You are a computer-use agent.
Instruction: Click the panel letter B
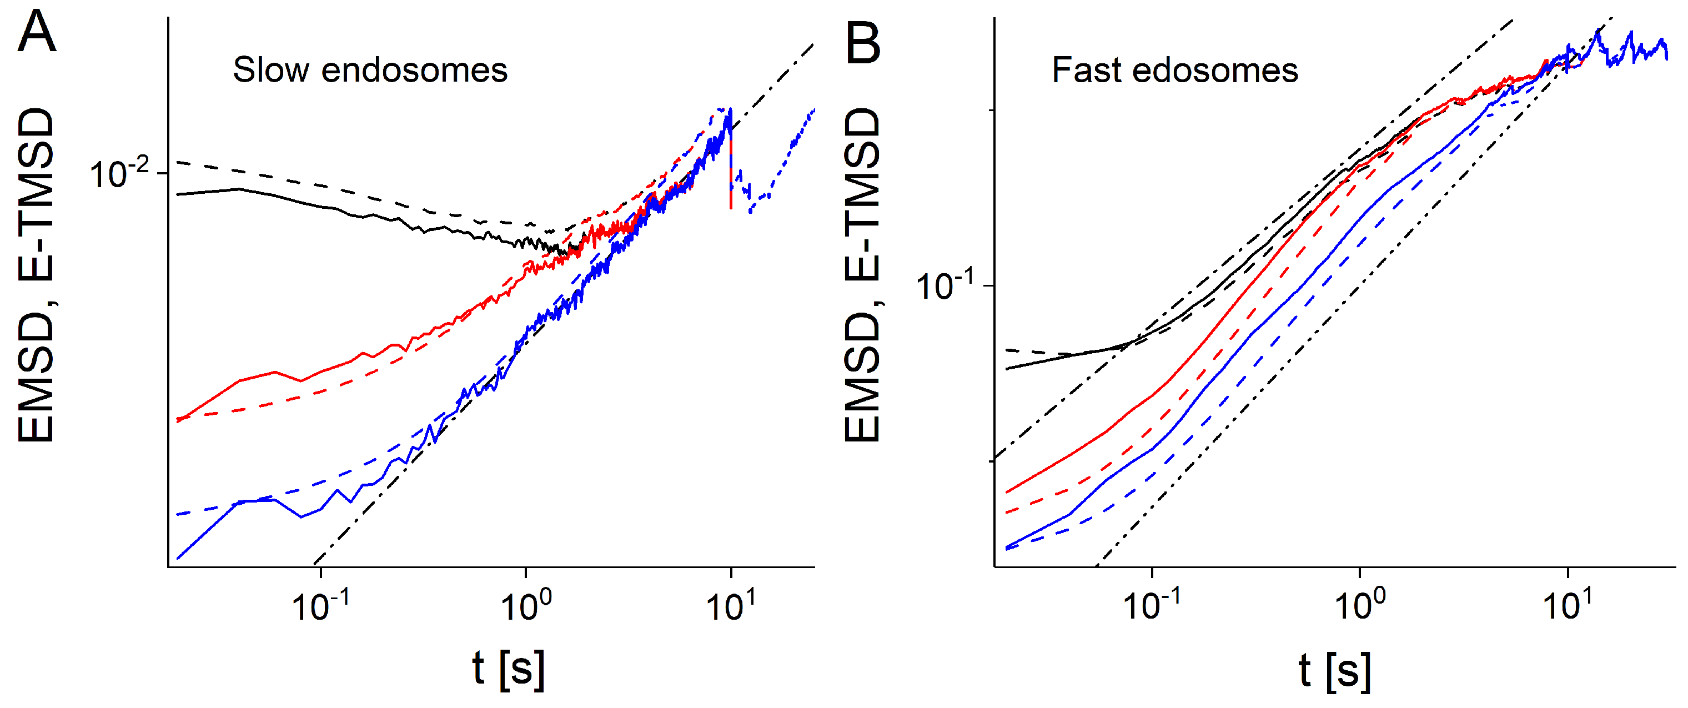[863, 43]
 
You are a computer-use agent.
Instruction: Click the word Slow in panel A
[270, 70]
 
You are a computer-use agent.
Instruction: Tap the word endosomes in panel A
[414, 70]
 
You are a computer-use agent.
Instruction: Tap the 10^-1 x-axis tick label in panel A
[319, 604]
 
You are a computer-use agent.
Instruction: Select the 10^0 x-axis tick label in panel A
[525, 604]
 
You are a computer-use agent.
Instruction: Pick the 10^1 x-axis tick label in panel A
[730, 604]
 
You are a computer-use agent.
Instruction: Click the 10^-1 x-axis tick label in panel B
[1151, 604]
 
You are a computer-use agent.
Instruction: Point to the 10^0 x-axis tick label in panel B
[1359, 604]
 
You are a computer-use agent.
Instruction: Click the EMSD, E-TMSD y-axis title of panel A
[36, 275]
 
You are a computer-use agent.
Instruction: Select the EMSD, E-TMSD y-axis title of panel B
[862, 275]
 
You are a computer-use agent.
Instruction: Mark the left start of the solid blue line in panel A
[178, 558]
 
